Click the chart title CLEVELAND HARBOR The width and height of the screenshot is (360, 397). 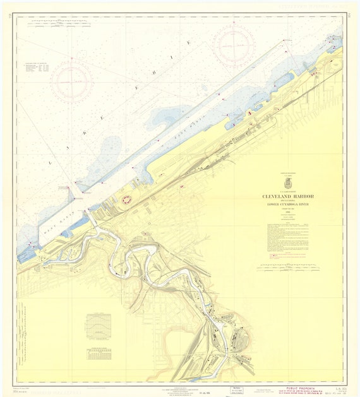[x=287, y=196]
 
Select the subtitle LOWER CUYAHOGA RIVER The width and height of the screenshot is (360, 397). [x=287, y=205]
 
